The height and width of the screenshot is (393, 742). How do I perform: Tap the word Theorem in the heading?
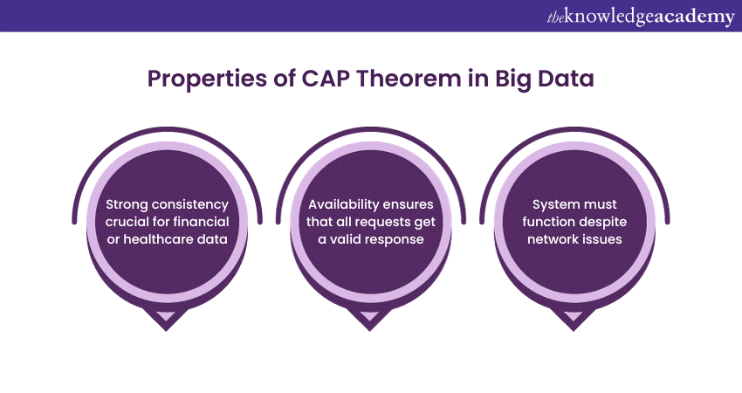pyautogui.click(x=409, y=78)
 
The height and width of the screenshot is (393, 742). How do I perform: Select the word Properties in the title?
pyautogui.click(x=207, y=79)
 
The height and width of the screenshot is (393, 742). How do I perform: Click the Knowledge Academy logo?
pyautogui.click(x=641, y=17)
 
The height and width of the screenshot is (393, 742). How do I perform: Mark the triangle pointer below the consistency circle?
pyautogui.click(x=166, y=318)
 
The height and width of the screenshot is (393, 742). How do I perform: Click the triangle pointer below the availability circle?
pyautogui.click(x=369, y=318)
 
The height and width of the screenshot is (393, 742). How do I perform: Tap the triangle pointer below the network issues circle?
pyautogui.click(x=574, y=318)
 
